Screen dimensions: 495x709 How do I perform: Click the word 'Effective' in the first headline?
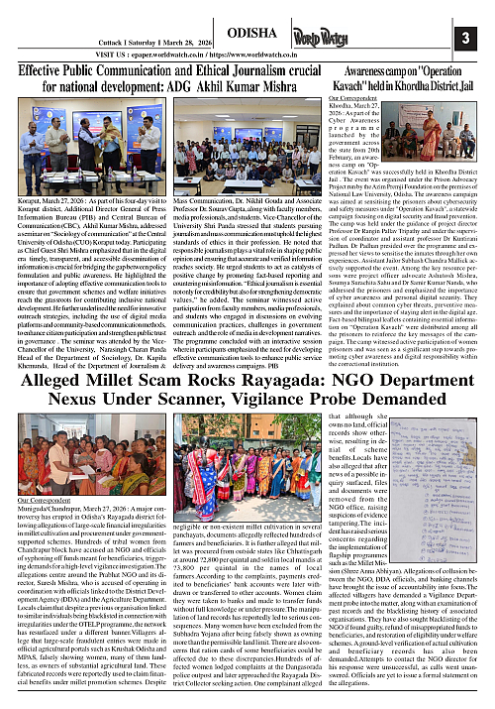48,73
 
